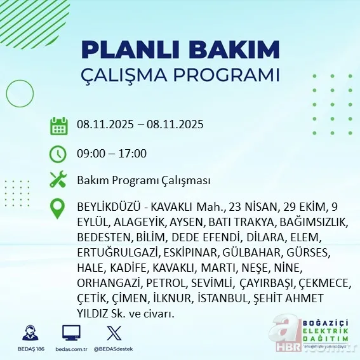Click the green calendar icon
coord(58,125)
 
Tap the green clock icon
coord(58,154)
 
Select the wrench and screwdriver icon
coord(58,180)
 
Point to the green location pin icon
coord(58,208)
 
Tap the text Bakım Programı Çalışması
coord(143,181)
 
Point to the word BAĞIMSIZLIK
coord(310,222)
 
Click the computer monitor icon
coord(71,333)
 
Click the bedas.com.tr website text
coord(71,350)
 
